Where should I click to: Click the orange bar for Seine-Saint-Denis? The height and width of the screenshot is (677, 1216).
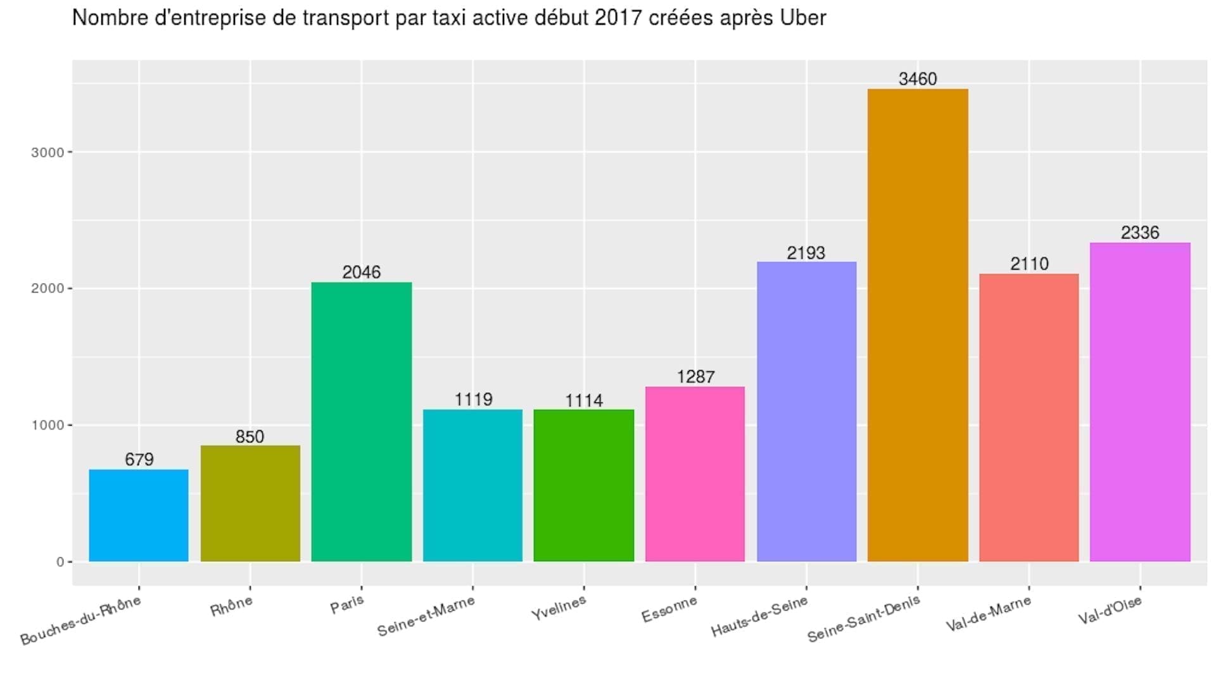(x=917, y=325)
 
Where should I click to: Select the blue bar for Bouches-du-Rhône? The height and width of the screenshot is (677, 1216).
(x=138, y=515)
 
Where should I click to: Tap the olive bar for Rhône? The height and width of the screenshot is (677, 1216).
(x=250, y=503)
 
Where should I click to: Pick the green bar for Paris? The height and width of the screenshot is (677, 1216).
(x=361, y=421)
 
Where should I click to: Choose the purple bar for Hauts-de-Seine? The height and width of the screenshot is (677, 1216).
(x=806, y=411)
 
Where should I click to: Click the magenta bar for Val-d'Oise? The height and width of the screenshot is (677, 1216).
(x=1139, y=402)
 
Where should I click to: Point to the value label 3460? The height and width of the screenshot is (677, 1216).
(x=917, y=79)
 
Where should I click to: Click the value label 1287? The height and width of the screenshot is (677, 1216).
(x=695, y=377)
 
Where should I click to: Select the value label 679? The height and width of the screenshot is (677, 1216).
(x=139, y=459)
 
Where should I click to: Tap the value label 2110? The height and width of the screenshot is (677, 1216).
(x=1029, y=264)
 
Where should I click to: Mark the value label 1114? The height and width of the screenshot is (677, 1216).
(x=583, y=401)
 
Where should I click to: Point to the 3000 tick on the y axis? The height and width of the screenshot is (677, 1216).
(x=47, y=152)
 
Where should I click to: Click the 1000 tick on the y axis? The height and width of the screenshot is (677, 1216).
(x=47, y=425)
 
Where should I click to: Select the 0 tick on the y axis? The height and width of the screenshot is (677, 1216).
(x=60, y=562)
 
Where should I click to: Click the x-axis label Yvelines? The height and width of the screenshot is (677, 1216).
(x=559, y=608)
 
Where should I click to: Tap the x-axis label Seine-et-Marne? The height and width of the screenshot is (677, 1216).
(x=426, y=616)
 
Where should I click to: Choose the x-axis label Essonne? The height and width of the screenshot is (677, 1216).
(x=669, y=609)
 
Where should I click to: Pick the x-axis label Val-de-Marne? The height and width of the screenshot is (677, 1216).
(x=988, y=614)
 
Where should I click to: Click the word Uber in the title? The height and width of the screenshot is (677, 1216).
(x=802, y=18)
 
